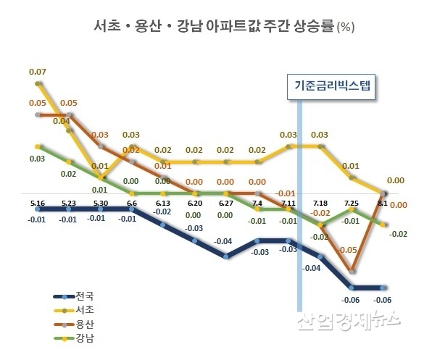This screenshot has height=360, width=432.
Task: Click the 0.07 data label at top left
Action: click(x=38, y=72)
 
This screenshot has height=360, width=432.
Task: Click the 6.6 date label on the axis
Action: click(x=131, y=202)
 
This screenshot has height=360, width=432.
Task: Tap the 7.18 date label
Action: click(x=320, y=202)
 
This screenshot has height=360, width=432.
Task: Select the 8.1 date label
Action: click(x=382, y=202)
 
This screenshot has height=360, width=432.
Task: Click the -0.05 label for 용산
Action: click(x=348, y=250)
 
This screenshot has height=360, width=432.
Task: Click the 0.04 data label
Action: click(x=61, y=121)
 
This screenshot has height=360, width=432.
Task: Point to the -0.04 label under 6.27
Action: click(x=224, y=241)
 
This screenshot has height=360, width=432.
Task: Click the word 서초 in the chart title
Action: click(x=109, y=28)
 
